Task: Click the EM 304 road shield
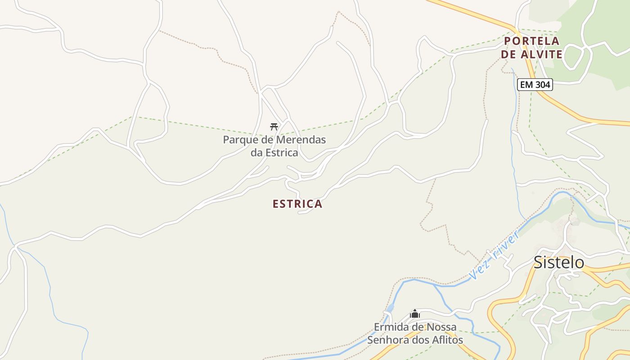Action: (534, 84)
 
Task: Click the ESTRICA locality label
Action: (297, 204)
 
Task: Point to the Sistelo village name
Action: (558, 262)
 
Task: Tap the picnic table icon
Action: (274, 126)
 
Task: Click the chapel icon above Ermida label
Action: (415, 314)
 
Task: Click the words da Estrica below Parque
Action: (274, 153)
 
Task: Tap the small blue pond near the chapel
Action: (390, 307)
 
